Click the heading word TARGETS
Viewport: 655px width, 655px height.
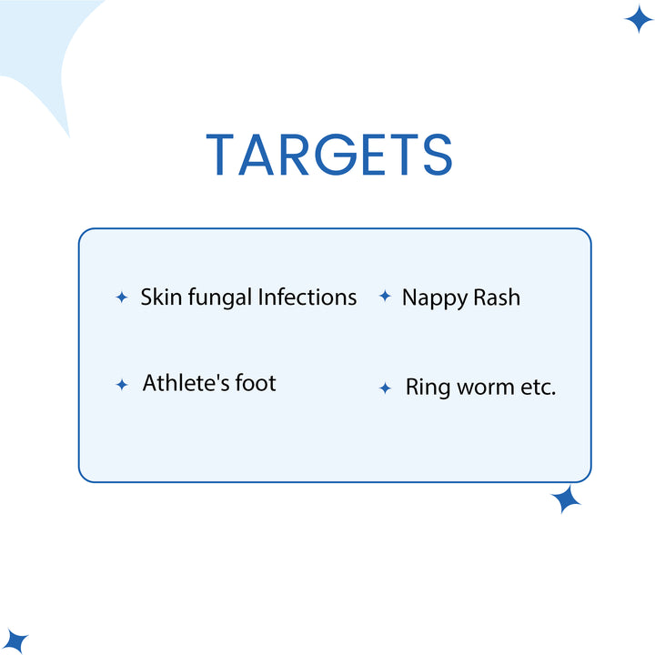click(328, 155)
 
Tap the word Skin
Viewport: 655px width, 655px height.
click(161, 297)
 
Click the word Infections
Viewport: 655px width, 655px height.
click(307, 297)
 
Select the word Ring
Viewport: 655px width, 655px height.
click(427, 388)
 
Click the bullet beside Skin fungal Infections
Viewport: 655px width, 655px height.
click(121, 297)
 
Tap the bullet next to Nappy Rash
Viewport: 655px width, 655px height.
click(385, 297)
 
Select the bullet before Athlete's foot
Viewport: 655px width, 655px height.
click(122, 385)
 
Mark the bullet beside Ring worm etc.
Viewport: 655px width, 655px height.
click(386, 388)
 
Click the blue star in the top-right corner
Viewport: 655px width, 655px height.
click(640, 18)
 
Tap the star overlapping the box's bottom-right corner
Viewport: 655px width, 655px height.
click(567, 499)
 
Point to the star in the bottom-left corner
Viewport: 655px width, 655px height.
click(15, 641)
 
